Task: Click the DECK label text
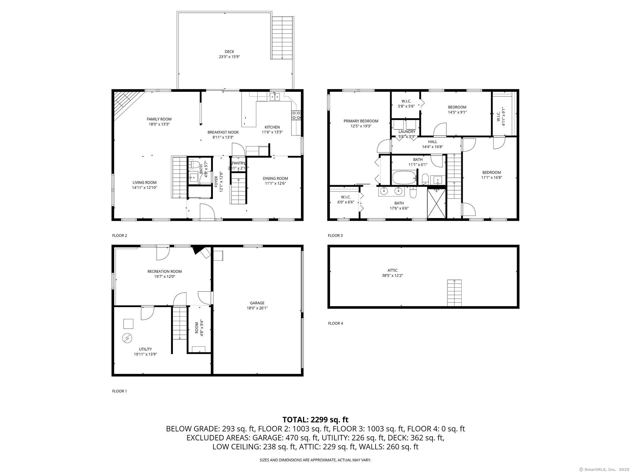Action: click(229, 52)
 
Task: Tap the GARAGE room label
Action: click(257, 303)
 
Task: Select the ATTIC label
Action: click(393, 270)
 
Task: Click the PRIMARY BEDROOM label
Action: click(361, 121)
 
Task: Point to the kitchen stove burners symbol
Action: click(296, 115)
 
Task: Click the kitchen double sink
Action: click(275, 97)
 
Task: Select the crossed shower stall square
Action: click(436, 203)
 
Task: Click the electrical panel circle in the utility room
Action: click(127, 338)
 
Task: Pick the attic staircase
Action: click(454, 293)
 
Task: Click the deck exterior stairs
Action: click(282, 38)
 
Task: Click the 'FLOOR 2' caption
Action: click(120, 236)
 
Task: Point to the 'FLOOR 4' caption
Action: click(335, 323)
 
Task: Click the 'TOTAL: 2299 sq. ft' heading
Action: click(315, 419)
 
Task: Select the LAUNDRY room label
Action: click(407, 131)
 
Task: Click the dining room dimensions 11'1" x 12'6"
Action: click(275, 183)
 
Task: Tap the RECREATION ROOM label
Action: click(165, 271)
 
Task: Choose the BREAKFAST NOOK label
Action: click(223, 132)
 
